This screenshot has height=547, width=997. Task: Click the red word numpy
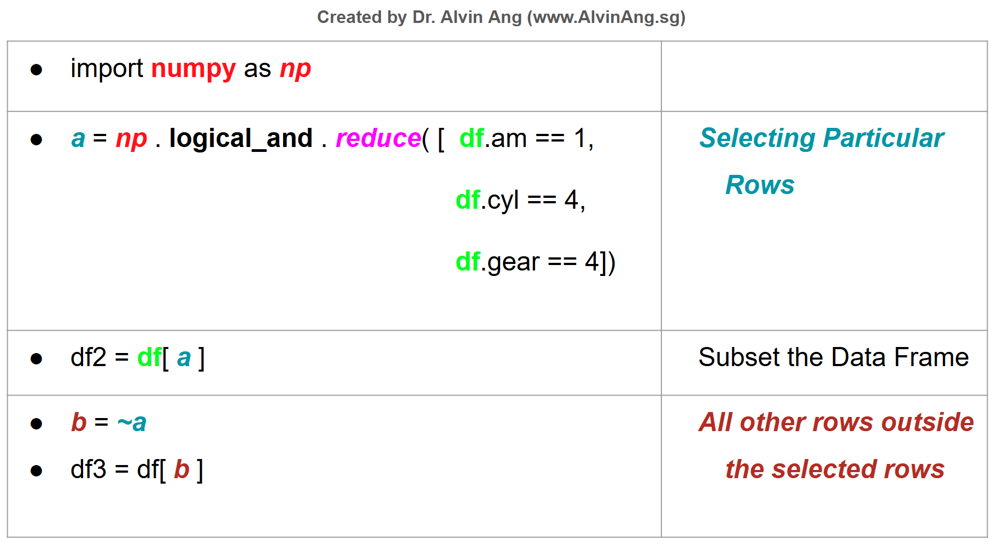point(193,69)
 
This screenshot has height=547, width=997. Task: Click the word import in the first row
point(107,69)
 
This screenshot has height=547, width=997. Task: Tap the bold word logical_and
point(241,139)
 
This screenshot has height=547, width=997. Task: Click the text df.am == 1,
point(526,139)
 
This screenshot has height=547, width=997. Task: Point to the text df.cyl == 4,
point(520,201)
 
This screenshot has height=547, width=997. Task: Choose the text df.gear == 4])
point(535,262)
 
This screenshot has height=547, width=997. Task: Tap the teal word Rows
point(760,185)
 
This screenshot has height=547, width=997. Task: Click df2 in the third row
point(89,358)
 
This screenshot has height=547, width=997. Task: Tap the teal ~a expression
point(132,423)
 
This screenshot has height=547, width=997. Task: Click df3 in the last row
point(89,470)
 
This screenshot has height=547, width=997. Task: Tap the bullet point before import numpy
point(37,70)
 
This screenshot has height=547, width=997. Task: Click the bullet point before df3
point(37,470)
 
